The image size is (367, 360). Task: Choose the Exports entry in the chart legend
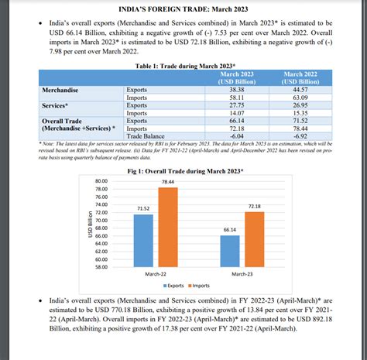click(x=173, y=285)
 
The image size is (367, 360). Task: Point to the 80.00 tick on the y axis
click(x=101, y=180)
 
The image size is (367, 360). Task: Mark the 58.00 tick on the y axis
click(x=101, y=268)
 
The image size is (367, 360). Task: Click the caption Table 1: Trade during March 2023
click(x=183, y=67)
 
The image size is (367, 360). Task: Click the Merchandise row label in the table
click(x=61, y=90)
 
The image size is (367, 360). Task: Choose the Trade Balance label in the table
click(x=145, y=136)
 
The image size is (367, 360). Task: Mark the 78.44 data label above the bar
click(x=168, y=180)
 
